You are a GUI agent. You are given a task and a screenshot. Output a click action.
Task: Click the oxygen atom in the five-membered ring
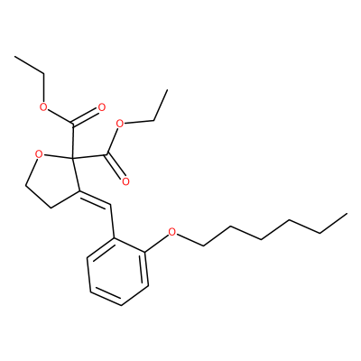(x=38, y=155)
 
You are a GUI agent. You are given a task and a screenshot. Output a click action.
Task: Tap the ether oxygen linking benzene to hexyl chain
(x=171, y=232)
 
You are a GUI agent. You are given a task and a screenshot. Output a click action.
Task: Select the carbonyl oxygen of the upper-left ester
(x=102, y=107)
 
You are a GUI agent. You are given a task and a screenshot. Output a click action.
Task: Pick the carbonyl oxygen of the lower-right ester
(x=125, y=181)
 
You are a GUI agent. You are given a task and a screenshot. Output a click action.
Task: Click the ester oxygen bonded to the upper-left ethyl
(x=44, y=106)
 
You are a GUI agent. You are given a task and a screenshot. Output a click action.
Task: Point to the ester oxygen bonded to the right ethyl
(x=120, y=124)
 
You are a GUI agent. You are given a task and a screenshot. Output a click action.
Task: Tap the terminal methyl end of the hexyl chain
(x=347, y=214)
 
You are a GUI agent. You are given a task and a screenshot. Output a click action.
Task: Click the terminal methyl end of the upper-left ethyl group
(x=14, y=56)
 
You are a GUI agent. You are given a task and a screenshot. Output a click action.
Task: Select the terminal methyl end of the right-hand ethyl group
(x=166, y=89)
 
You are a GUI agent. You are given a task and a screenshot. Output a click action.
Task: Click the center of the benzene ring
(x=117, y=272)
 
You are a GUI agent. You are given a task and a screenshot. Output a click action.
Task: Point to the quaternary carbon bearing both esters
(x=72, y=157)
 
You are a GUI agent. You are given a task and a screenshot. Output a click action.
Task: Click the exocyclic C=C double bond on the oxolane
(x=95, y=199)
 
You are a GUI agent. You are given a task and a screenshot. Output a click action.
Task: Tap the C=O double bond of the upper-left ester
(x=86, y=116)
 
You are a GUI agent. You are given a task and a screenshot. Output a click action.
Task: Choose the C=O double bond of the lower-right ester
(x=115, y=166)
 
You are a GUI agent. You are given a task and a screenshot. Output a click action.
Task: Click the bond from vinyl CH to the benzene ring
(x=113, y=222)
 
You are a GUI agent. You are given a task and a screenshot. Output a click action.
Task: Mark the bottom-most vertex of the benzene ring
(x=121, y=306)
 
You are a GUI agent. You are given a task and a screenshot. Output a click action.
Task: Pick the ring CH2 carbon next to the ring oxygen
(x=26, y=186)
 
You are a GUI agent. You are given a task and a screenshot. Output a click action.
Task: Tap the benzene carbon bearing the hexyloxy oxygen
(x=145, y=251)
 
